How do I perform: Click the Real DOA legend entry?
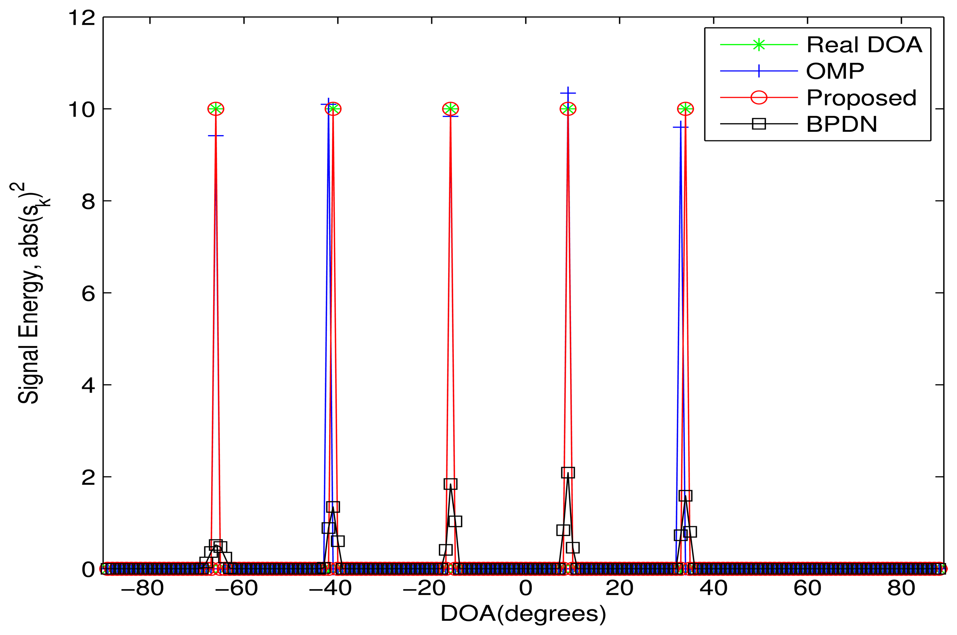pos(864,44)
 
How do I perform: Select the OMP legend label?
pos(835,71)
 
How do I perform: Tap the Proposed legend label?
pos(861,97)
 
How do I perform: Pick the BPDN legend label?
pos(841,124)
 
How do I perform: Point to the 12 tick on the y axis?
pos(81,18)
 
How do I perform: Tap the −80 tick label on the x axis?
pos(142,588)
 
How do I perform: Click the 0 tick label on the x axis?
pos(525,588)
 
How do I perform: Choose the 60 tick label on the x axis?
pos(807,588)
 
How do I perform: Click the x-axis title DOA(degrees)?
pos(523,614)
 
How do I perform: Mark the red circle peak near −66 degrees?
pos(215,109)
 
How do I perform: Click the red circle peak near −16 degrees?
pos(450,109)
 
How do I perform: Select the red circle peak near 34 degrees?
pos(685,109)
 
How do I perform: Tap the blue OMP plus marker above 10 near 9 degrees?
pos(568,93)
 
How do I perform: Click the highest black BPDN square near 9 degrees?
pos(568,473)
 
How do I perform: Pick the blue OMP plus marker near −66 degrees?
pos(215,136)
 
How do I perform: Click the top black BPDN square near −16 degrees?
pos(450,484)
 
